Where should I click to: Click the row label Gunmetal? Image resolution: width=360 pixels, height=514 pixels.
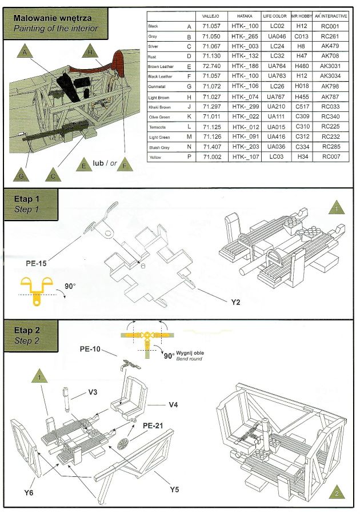(x=158, y=86)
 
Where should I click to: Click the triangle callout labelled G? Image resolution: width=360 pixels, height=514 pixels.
(x=22, y=175)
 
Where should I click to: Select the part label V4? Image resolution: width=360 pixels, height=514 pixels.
(x=175, y=404)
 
